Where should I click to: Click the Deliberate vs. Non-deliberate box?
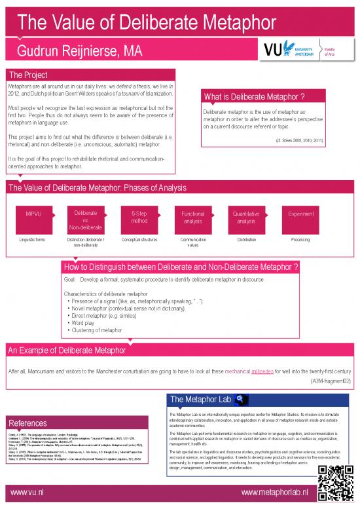86,221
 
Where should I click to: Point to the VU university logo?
296,50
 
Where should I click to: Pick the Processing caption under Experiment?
300,240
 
